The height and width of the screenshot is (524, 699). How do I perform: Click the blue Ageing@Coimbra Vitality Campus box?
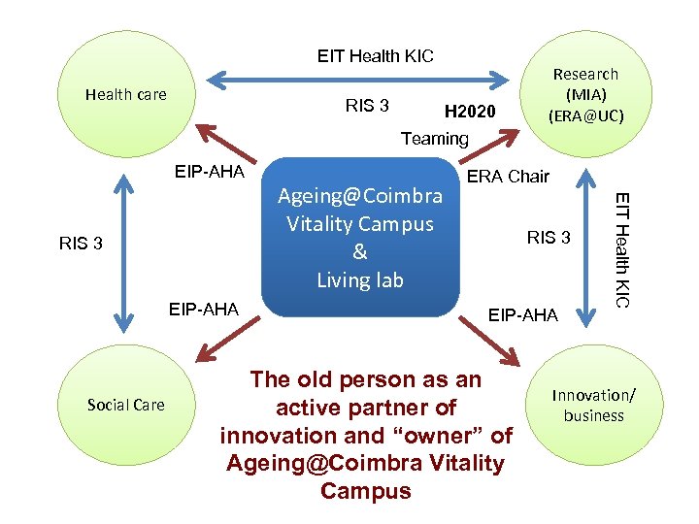pyautogui.click(x=360, y=238)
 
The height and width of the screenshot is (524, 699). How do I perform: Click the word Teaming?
pyautogui.click(x=435, y=139)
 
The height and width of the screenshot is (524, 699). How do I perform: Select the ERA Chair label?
pyautogui.click(x=508, y=177)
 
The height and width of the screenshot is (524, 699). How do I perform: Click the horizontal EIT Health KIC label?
pyautogui.click(x=376, y=56)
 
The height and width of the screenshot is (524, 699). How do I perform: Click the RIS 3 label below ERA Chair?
pyautogui.click(x=549, y=238)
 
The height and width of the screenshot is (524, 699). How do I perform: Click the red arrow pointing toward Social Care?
pyautogui.click(x=222, y=344)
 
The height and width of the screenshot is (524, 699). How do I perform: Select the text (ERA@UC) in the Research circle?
pyautogui.click(x=585, y=115)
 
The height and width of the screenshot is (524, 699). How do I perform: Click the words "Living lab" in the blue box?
pyautogui.click(x=359, y=280)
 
